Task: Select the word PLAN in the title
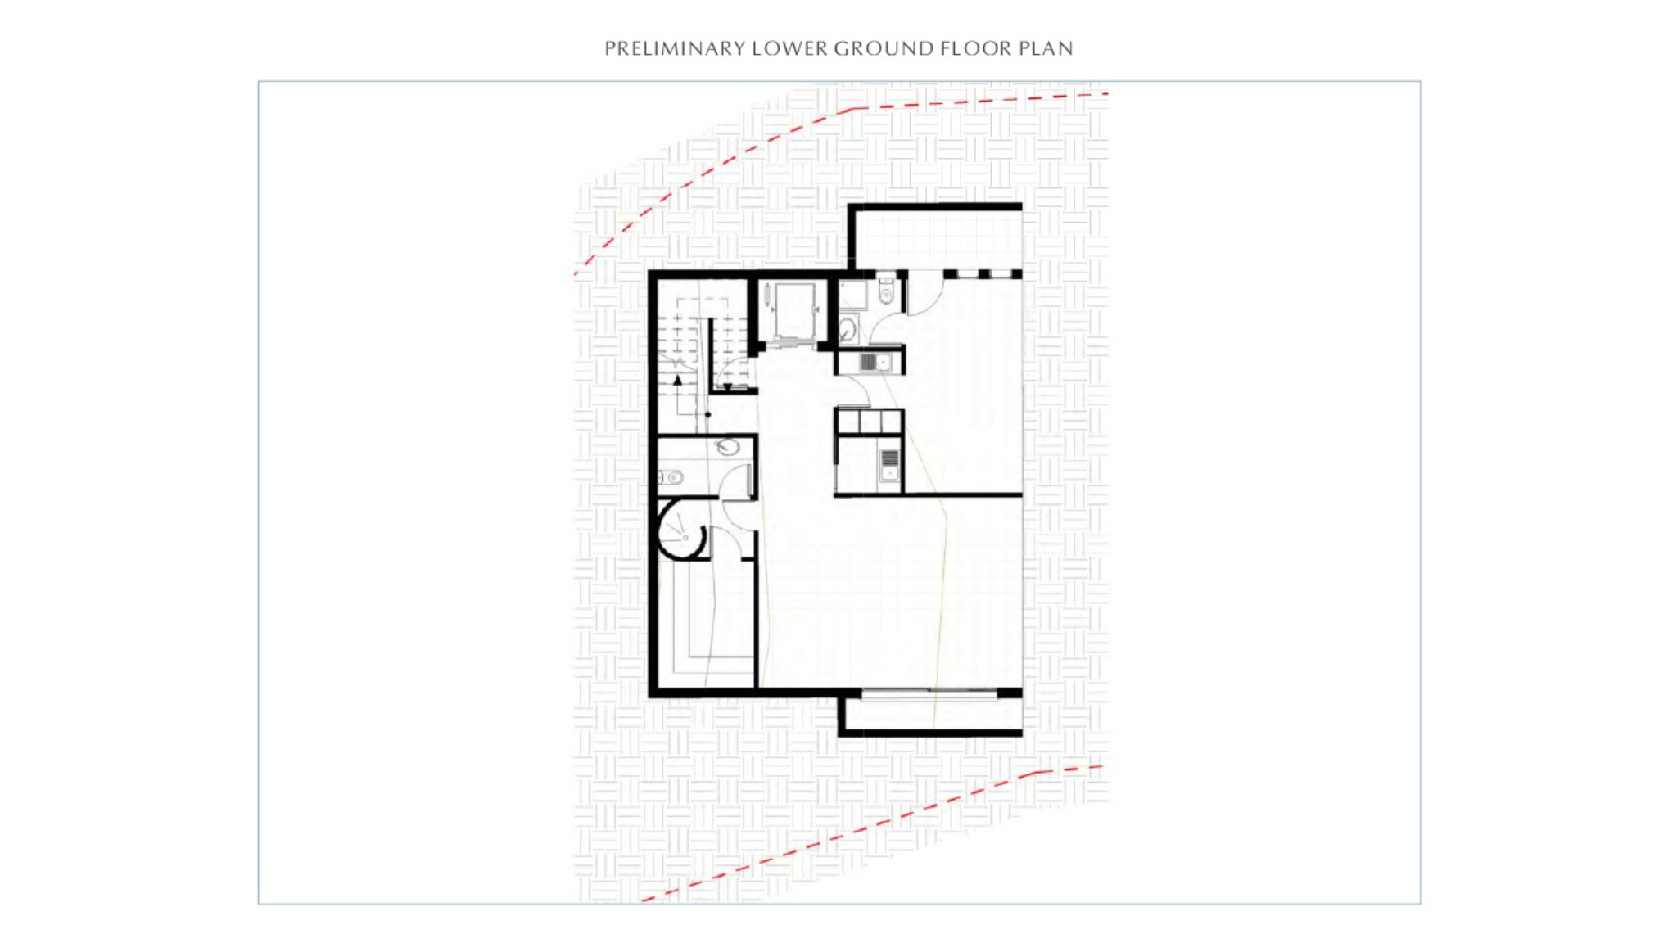[1046, 48]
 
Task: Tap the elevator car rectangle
[794, 311]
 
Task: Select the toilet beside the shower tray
[886, 291]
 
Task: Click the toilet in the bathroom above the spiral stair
[670, 477]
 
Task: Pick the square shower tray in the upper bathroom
[852, 295]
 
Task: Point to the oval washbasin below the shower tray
[848, 330]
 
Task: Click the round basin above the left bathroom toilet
[727, 447]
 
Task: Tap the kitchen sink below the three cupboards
[889, 466]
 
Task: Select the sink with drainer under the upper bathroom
[875, 362]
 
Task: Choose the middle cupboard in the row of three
[870, 422]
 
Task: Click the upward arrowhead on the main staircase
[677, 381]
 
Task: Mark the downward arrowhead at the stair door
[727, 387]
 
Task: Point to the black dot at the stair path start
[708, 415]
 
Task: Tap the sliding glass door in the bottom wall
[929, 695]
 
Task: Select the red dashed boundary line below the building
[868, 828]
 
